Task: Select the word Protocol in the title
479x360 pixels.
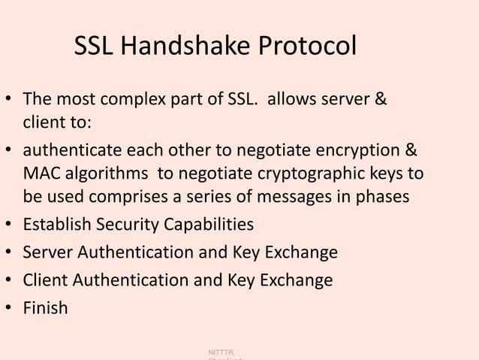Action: tap(307, 49)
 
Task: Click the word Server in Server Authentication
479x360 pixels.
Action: tap(46, 253)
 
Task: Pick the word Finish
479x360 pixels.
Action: tap(45, 307)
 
